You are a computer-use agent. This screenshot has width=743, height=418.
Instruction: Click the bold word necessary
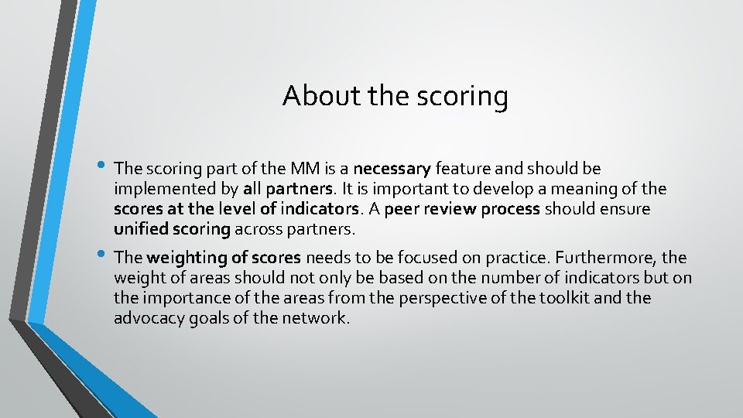pyautogui.click(x=392, y=169)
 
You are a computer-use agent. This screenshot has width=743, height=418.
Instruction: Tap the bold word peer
pyautogui.click(x=401, y=209)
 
